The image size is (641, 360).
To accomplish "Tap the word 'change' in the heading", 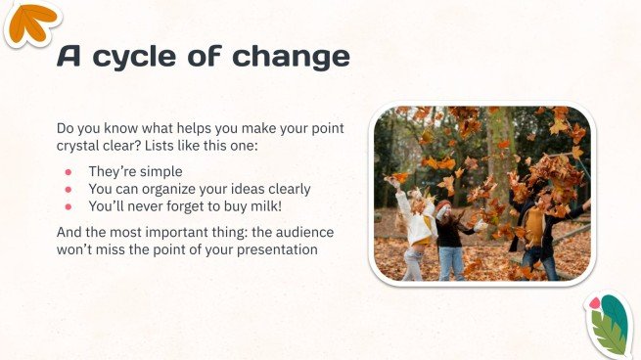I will point(292,57).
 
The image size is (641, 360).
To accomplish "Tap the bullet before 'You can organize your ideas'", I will point(69,190).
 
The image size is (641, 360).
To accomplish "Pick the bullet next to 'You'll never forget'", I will point(69,206).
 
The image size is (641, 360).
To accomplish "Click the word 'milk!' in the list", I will point(271,206).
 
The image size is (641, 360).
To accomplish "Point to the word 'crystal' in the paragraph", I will point(81,146).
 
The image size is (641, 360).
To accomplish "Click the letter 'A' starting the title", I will point(70,57).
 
